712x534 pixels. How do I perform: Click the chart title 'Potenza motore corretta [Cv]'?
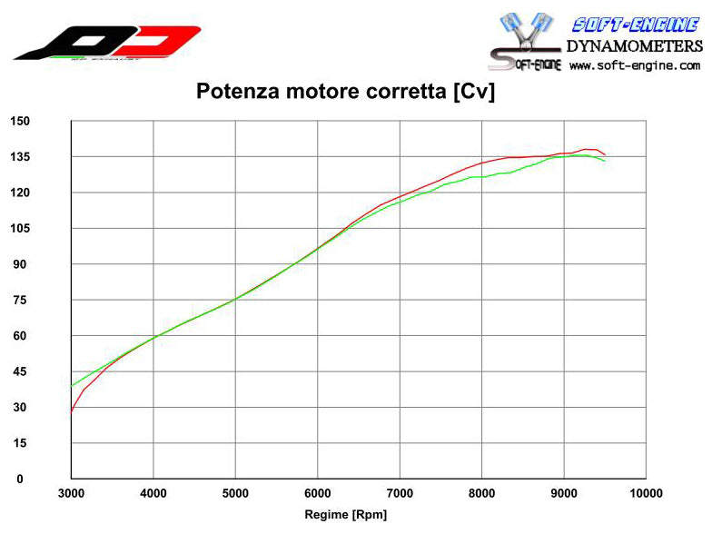pyautogui.click(x=345, y=92)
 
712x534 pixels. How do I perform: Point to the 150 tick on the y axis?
pyautogui.click(x=20, y=121)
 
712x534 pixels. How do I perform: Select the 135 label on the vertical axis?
pyautogui.click(x=20, y=157)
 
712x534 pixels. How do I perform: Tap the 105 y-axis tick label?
pyautogui.click(x=20, y=228)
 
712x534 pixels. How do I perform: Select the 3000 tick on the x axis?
pyautogui.click(x=71, y=493)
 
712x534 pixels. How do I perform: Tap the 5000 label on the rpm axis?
pyautogui.click(x=235, y=493)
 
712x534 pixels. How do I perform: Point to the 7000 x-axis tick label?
pyautogui.click(x=400, y=493)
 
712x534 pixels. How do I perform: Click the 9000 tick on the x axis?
pyautogui.click(x=564, y=493)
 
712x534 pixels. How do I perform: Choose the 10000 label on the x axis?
pyautogui.click(x=646, y=493)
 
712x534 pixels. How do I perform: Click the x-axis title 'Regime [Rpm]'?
pyautogui.click(x=345, y=515)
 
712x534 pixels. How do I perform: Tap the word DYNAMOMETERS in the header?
pyautogui.click(x=634, y=45)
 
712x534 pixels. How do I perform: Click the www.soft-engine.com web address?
pyautogui.click(x=635, y=65)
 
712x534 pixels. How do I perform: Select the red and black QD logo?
pyautogui.click(x=107, y=42)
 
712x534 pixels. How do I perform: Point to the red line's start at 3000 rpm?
pyautogui.click(x=72, y=410)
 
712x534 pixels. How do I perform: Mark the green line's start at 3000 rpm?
pyautogui.click(x=72, y=386)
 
